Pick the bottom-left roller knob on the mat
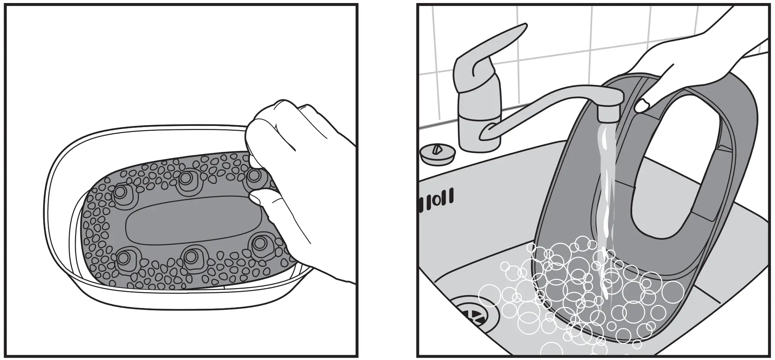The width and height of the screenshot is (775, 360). [x=124, y=259]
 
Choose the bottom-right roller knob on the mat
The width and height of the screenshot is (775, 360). [x=259, y=244]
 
